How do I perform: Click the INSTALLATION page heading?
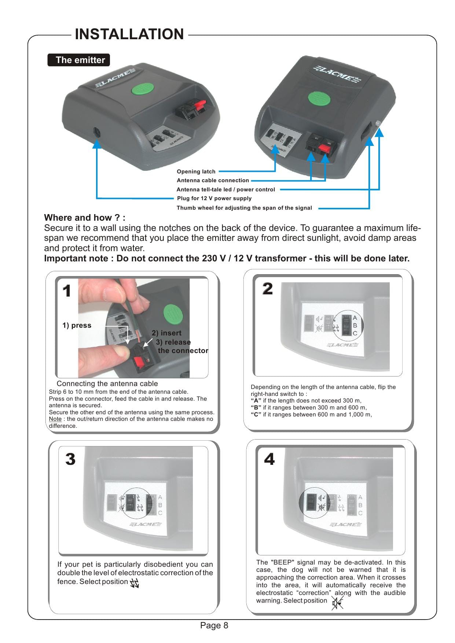tap(129, 34)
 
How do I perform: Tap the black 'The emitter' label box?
tap(79, 60)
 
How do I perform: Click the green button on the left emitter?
tap(143, 89)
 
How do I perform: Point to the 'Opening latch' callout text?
tap(196, 172)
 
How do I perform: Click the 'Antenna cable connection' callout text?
tap(213, 180)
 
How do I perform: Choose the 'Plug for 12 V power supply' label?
tap(214, 198)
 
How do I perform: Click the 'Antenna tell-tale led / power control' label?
tap(225, 190)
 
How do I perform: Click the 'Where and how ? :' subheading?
tap(85, 218)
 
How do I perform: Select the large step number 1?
tap(67, 291)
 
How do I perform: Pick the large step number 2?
tap(268, 289)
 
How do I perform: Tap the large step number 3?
tap(70, 459)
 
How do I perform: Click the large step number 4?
tap(269, 459)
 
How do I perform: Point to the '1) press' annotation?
tap(77, 326)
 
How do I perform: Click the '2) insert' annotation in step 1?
tap(166, 333)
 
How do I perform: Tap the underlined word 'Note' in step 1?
tap(55, 419)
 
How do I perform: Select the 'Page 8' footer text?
tap(214, 625)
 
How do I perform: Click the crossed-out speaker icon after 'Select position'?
tap(337, 603)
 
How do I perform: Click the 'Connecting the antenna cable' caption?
tap(107, 383)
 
